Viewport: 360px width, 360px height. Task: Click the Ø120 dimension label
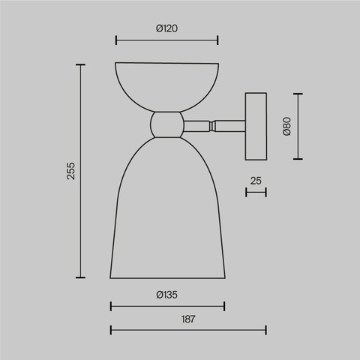[x=166, y=28]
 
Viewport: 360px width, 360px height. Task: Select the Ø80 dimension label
[x=286, y=126]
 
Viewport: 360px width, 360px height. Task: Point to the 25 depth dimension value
[x=256, y=181]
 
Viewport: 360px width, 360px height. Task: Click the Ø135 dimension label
[x=166, y=295]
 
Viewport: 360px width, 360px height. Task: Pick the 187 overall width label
[x=187, y=319]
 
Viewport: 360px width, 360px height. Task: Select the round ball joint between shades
[x=166, y=124]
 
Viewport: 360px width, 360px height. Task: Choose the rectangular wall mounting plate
[x=256, y=125]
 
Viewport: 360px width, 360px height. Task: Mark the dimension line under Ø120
[x=166, y=40]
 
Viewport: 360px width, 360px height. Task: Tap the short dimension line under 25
[x=256, y=193]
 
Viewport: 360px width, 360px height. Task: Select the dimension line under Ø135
[x=166, y=306]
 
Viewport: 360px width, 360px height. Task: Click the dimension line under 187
[x=187, y=329]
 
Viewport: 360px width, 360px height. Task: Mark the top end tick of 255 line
[x=81, y=65]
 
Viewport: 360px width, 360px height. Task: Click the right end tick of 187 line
[x=266, y=329]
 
